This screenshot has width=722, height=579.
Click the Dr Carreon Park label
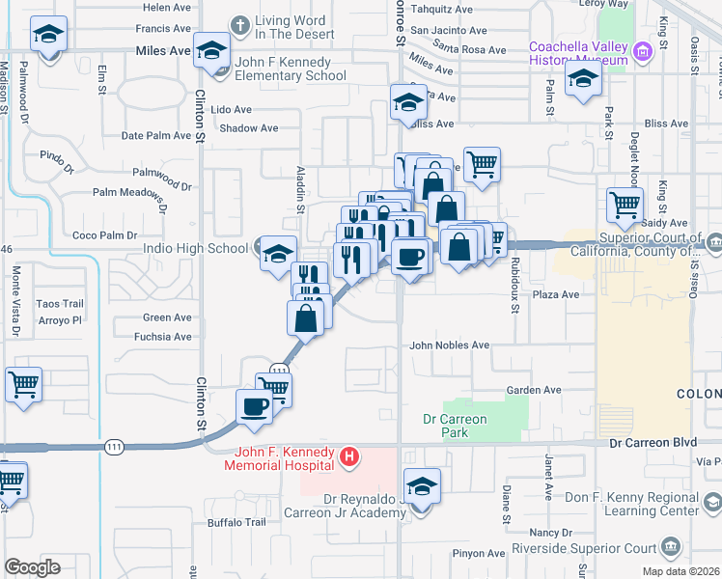click(456, 426)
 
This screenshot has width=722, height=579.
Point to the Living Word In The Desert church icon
click(240, 23)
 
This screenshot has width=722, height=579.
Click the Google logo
click(32, 567)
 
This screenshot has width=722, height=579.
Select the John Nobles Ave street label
click(450, 345)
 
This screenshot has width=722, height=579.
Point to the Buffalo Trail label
click(236, 522)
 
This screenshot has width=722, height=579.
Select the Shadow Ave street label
click(249, 127)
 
